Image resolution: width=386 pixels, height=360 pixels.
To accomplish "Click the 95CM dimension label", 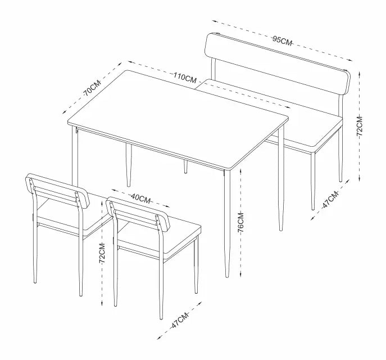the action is [x=282, y=40].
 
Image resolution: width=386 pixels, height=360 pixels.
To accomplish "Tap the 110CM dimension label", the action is [x=185, y=78].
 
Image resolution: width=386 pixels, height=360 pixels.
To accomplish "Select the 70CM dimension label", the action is [x=92, y=88].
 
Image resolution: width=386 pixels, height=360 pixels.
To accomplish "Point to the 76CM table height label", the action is [x=240, y=222].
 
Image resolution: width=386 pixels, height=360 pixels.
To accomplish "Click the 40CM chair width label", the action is [x=140, y=199].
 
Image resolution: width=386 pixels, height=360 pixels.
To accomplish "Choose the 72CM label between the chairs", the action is [x=102, y=253].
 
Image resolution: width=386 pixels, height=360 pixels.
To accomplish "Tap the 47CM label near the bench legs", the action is [x=330, y=199].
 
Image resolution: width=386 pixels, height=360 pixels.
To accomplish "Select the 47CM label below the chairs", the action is [x=180, y=320].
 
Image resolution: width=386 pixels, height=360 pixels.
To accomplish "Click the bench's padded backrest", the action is [x=278, y=64].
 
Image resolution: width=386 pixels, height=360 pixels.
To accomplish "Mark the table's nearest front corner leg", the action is [x=227, y=224].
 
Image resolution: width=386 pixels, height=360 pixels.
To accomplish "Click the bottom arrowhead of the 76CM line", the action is [x=240, y=274].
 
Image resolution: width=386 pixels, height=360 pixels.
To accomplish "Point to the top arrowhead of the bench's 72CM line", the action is [x=360, y=74].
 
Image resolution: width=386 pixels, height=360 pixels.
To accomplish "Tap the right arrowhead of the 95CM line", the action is [x=350, y=60].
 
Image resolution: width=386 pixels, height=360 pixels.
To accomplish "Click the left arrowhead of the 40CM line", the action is [x=114, y=190].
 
